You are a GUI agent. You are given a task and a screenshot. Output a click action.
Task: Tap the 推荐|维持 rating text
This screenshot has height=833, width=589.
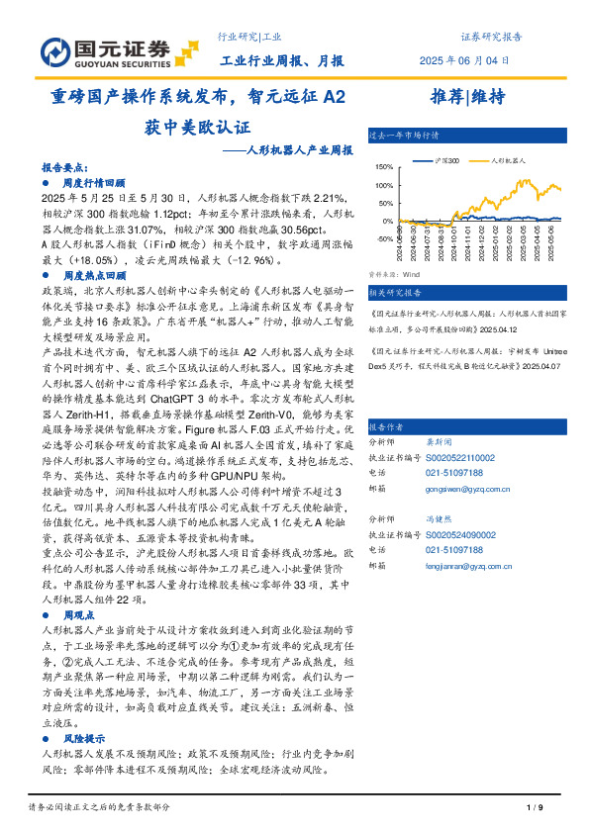[x=468, y=97]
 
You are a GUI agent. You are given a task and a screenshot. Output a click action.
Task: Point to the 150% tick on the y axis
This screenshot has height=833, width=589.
[x=385, y=168]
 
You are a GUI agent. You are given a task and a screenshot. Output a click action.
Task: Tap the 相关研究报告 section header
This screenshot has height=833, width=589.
[x=395, y=293]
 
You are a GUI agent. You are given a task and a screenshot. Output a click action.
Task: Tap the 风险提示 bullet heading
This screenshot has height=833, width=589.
[x=84, y=738]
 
